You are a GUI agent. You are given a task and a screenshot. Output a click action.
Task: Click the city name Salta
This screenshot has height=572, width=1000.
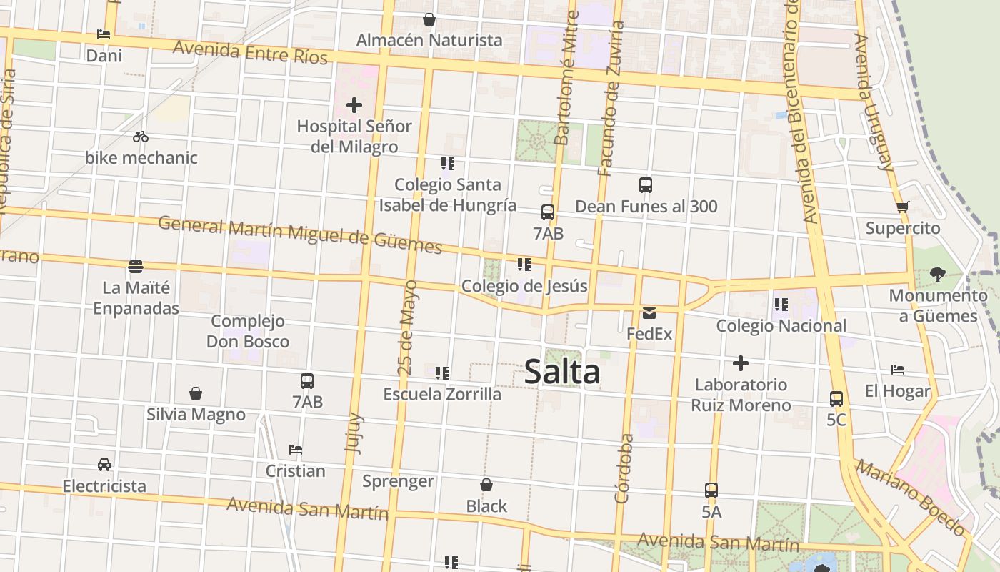(562, 372)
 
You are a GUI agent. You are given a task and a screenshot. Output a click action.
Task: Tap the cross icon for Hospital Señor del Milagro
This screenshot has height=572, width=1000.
(354, 106)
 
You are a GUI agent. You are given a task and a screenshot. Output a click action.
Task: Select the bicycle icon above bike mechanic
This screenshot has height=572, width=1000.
(141, 137)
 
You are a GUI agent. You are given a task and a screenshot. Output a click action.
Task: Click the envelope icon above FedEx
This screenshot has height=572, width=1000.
(649, 312)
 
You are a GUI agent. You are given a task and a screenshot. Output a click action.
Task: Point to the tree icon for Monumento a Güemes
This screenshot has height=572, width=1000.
(938, 274)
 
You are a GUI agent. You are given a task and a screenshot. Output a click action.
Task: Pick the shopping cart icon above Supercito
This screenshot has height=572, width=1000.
(902, 207)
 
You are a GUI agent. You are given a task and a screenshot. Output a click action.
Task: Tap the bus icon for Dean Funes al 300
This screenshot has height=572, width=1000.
(646, 185)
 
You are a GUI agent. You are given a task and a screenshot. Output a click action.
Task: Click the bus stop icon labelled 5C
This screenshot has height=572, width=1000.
(836, 399)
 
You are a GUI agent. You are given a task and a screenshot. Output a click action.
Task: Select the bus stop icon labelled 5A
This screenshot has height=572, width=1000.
(711, 490)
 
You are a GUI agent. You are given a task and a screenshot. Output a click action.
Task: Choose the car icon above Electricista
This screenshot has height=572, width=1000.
(104, 465)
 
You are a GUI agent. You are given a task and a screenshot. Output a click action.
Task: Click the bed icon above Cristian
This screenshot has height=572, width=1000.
(296, 450)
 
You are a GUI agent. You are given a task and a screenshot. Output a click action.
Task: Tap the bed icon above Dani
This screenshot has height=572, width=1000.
(104, 34)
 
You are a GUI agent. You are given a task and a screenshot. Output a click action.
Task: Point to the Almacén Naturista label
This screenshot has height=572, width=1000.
(429, 40)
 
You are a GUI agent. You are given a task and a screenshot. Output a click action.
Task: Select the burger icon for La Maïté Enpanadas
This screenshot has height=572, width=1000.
(136, 267)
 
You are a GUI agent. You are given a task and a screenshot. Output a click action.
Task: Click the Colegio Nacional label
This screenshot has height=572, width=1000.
(781, 326)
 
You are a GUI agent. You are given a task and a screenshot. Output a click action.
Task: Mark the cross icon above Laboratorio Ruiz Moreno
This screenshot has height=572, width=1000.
(741, 363)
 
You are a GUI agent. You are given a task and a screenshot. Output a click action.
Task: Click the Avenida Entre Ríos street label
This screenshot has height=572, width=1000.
(250, 51)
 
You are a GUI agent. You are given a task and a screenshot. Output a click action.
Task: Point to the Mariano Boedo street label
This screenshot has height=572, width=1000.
(911, 498)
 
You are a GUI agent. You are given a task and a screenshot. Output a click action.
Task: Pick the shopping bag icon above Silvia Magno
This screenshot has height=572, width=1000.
(196, 393)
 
